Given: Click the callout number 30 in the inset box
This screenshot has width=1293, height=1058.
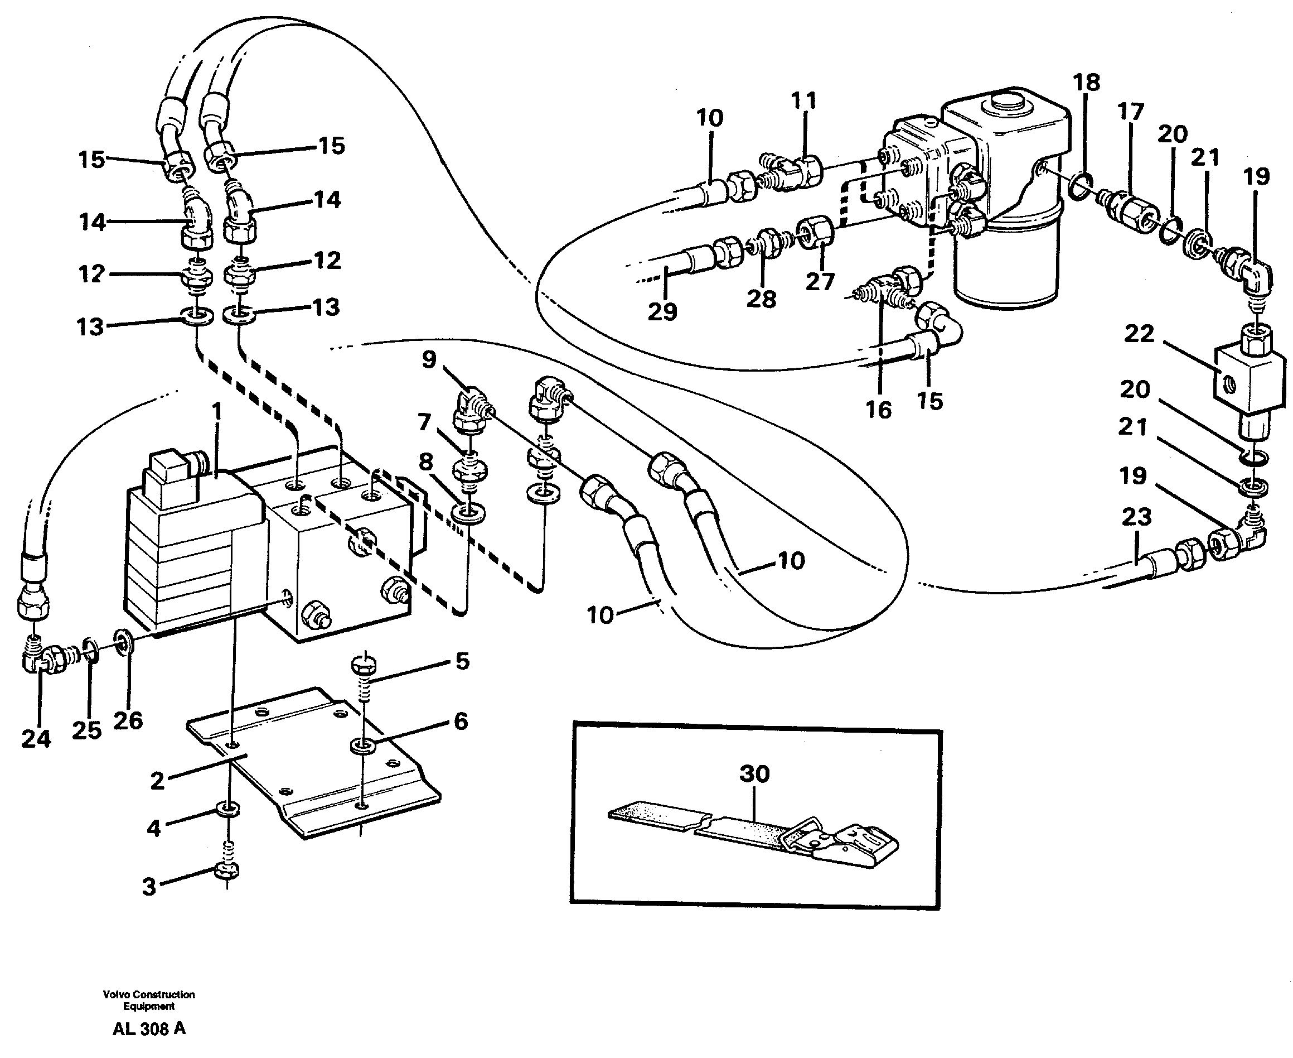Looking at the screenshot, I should [754, 774].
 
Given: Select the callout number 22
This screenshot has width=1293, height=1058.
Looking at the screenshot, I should [1139, 334].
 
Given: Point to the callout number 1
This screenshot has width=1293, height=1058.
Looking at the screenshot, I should [216, 412].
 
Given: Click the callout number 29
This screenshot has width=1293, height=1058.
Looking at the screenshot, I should [662, 311].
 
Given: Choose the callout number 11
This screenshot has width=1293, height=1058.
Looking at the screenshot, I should [803, 100].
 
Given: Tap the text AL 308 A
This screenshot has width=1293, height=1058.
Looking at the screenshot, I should [149, 1029].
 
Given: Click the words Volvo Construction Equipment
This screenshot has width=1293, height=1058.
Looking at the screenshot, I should [149, 1000].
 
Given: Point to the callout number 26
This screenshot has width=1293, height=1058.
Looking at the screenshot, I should [128, 720].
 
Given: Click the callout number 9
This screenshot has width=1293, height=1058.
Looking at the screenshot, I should [429, 359].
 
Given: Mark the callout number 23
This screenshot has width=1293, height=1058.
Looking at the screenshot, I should [1136, 517].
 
